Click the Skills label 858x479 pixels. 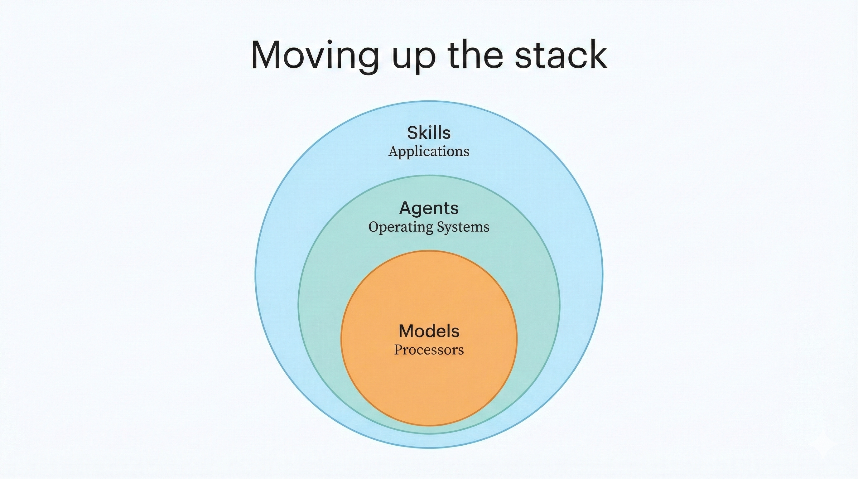tap(429, 133)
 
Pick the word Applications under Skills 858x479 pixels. tap(429, 152)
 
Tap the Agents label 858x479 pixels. tap(429, 208)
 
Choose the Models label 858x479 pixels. tap(429, 331)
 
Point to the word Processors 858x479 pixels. tap(429, 350)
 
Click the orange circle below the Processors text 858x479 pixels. tap(429, 393)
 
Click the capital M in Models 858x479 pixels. tap(406, 331)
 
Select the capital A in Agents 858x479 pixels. tap(405, 208)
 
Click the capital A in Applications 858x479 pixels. tap(393, 151)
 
